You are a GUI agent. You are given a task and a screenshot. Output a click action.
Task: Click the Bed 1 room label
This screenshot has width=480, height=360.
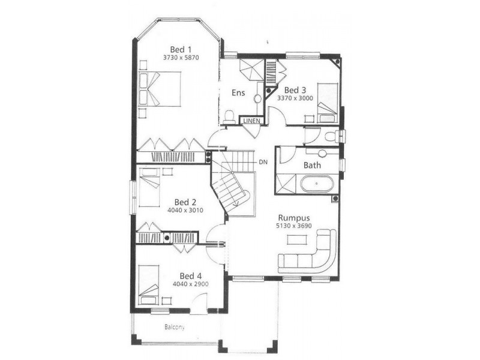click(181, 49)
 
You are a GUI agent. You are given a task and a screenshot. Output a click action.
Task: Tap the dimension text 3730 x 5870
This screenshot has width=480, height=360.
click(181, 58)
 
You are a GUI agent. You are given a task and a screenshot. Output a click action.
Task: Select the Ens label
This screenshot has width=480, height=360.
click(238, 92)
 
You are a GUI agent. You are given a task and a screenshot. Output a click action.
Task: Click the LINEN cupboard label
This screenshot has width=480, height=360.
click(251, 121)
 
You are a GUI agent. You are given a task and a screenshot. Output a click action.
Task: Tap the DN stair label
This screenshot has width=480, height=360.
click(263, 162)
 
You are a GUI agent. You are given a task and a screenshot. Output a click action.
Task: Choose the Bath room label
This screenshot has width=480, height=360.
click(312, 164)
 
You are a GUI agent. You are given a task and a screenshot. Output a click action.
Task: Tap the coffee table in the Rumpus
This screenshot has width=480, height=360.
click(296, 239)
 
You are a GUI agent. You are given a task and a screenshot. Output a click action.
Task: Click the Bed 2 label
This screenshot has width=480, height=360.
click(185, 202)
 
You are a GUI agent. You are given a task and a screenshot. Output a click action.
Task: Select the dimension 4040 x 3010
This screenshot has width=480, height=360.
click(185, 211)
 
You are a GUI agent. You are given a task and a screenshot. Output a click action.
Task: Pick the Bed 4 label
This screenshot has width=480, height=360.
click(190, 276)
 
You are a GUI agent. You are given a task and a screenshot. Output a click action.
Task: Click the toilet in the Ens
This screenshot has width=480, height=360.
click(229, 116)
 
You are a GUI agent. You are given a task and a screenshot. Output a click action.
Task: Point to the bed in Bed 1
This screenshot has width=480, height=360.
click(159, 89)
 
